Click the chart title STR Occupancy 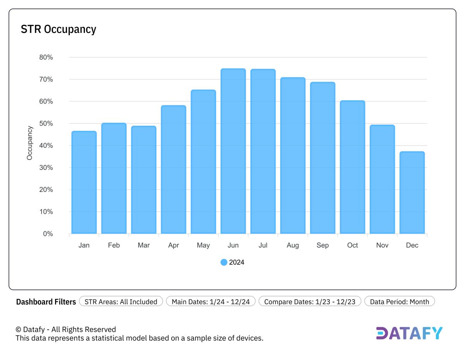[59, 29]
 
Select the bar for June [233, 151]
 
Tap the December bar [412, 193]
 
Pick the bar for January [84, 182]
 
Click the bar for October [352, 167]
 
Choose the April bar [174, 170]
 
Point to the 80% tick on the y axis [46, 57]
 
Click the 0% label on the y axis [48, 234]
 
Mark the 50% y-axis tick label [46, 123]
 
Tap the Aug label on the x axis [293, 245]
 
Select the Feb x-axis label [114, 245]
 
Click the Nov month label [382, 245]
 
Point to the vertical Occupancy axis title [30, 143]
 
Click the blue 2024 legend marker [224, 262]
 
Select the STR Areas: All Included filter [121, 302]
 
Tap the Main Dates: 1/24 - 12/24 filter [210, 302]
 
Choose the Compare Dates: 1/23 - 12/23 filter [310, 302]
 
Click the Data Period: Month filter [399, 302]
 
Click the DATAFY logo [409, 333]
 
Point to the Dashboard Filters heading [46, 302]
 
